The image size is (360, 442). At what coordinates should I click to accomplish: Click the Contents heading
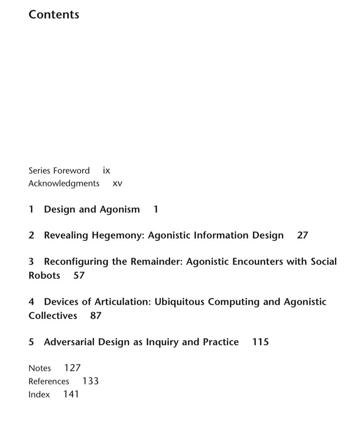pos(54,15)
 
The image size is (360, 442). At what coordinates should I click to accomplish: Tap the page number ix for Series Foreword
pos(106,171)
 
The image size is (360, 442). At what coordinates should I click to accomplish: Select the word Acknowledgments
pos(64,184)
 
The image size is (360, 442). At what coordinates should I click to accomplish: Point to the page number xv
pos(117,184)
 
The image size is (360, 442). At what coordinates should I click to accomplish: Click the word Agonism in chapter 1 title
pos(119,210)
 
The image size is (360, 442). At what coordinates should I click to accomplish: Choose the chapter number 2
pos(31,236)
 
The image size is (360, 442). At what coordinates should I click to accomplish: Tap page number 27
pos(302,236)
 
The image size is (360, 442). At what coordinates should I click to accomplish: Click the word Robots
pos(44,276)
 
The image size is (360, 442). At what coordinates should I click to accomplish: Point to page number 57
pos(79,276)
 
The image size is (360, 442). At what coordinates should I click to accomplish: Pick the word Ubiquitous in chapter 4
pos(179,302)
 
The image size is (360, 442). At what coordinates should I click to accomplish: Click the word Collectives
pos(53,316)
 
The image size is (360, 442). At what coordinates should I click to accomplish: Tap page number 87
pos(96,316)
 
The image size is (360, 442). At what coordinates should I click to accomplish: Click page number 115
pos(260,342)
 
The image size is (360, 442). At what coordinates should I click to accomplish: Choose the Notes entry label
pos(39,369)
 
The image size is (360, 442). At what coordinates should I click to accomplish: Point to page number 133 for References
pos(90,381)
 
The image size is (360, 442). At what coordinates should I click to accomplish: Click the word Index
pos(39,395)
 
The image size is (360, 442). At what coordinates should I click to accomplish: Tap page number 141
pos(71,394)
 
